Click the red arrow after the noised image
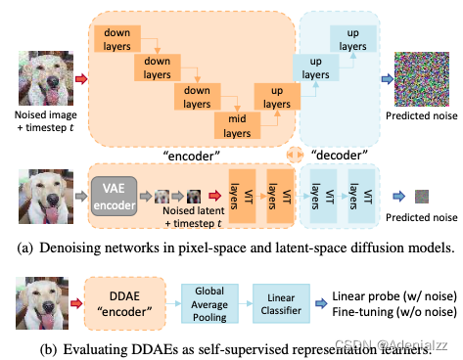point(80,75)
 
